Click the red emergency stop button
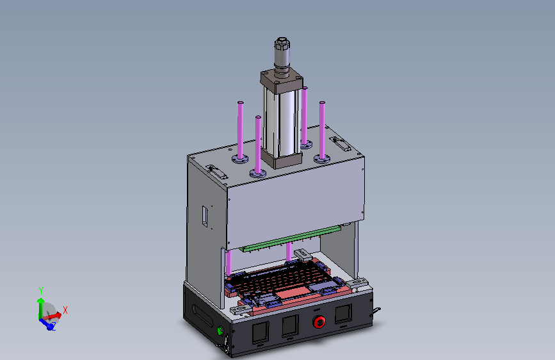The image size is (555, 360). pos(319,322)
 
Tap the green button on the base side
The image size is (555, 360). pos(220,331)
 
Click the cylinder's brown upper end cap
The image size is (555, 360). pos(282,81)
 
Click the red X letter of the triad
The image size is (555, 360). pos(65,311)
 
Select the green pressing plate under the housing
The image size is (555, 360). pos(290,238)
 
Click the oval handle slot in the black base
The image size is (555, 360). pos(203,315)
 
